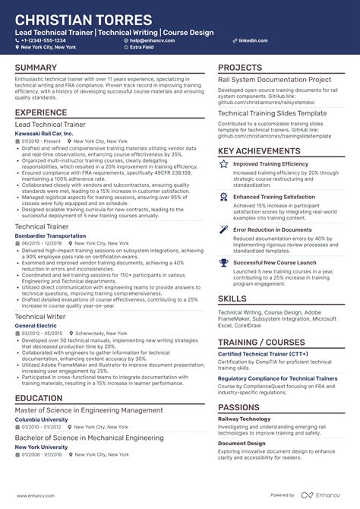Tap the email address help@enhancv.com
tap(152, 40)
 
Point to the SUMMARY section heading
tap(36, 68)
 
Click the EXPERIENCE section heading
tap(41, 112)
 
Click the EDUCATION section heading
tap(38, 397)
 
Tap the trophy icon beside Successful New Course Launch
tap(223, 262)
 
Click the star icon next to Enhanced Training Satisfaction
tap(223, 196)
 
